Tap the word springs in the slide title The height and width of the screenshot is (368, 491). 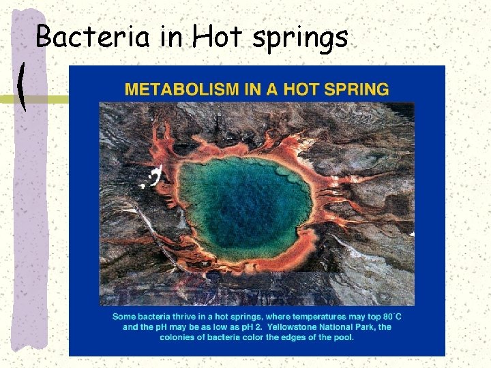tap(300, 38)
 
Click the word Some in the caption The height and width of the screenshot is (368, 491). tap(125, 317)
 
